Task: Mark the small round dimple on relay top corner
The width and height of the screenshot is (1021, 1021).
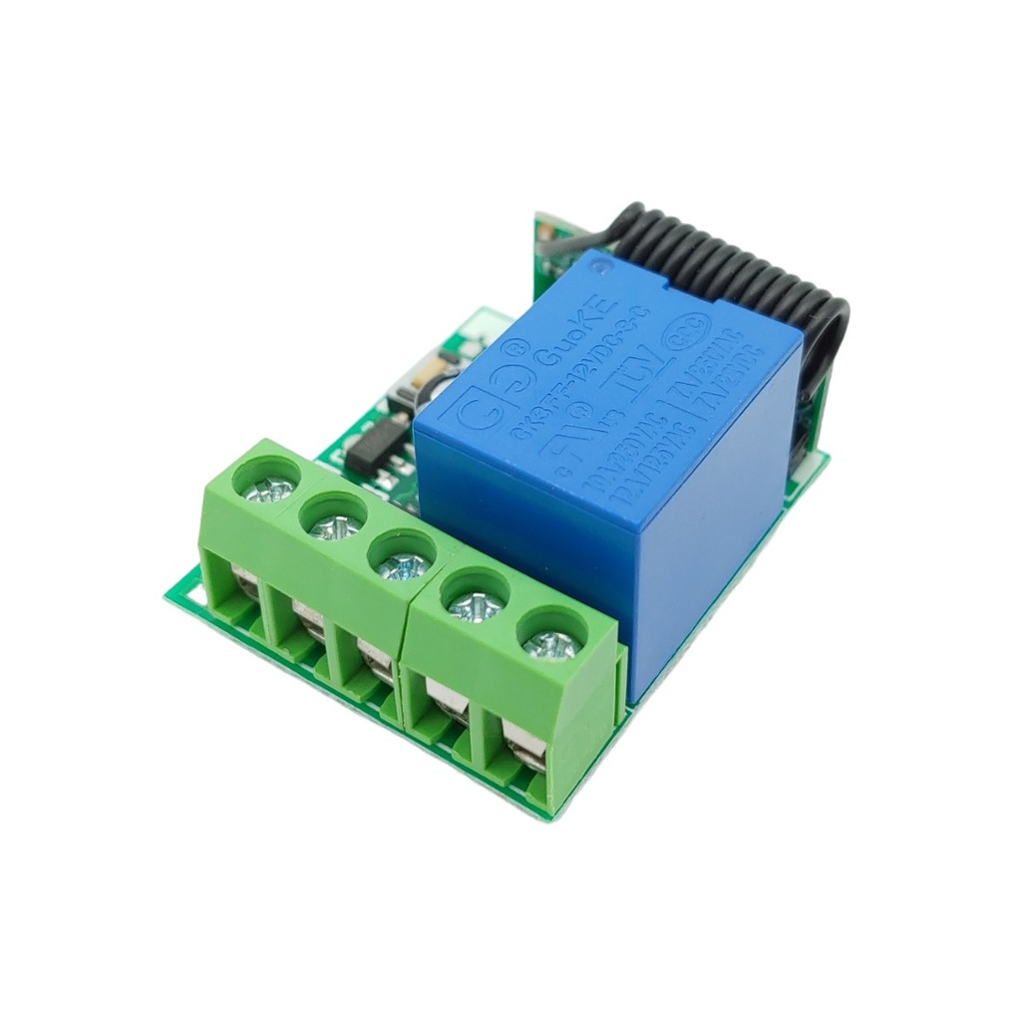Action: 600,263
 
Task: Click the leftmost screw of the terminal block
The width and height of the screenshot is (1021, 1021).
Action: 270,489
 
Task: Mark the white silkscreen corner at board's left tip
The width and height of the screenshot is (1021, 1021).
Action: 179,598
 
